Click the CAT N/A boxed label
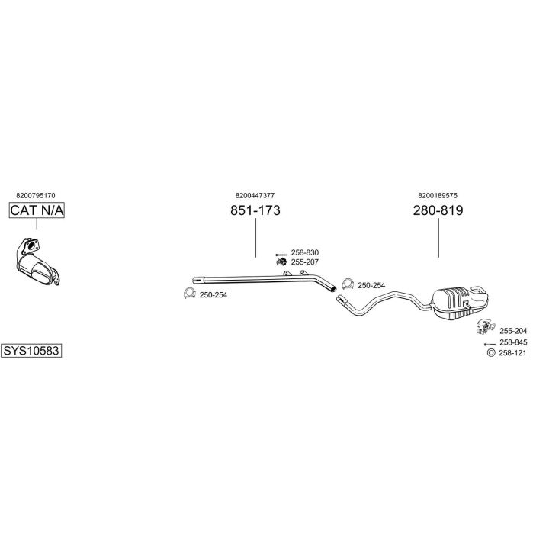37,210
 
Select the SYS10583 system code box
31,350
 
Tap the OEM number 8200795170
36,196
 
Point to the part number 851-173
255,210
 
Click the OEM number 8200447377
255,195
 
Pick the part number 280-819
438,210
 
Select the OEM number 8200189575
438,195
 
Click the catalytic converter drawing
38,262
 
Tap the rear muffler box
460,303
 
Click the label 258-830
305,252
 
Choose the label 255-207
305,262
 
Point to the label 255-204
513,331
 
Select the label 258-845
513,342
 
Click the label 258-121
512,353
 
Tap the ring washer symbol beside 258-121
491,353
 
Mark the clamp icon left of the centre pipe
189,294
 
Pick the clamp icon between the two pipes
348,284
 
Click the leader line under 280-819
438,237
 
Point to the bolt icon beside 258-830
281,254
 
